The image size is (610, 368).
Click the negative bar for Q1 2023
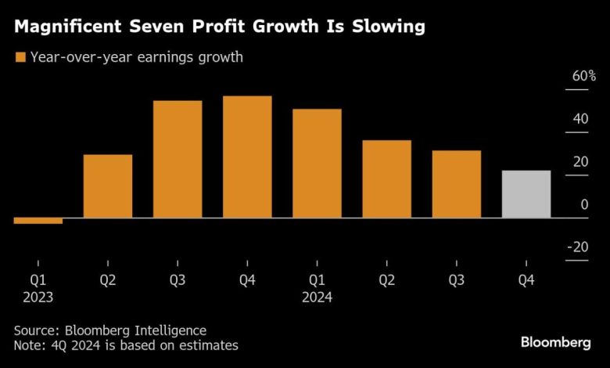[x=38, y=220]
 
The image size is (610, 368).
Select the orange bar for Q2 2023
[x=107, y=186]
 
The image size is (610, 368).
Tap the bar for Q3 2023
[x=178, y=159]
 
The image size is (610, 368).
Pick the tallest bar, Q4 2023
[x=247, y=157]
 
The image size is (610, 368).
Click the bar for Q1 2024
[x=317, y=163]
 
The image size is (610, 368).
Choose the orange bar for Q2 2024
[x=386, y=179]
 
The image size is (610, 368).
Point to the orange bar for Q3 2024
[x=456, y=184]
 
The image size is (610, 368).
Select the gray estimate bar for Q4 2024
[x=526, y=193]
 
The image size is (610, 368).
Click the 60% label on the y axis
[x=583, y=77]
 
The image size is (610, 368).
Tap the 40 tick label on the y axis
[x=580, y=119]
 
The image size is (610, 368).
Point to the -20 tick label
[x=578, y=247]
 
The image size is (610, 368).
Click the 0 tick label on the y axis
[x=584, y=204]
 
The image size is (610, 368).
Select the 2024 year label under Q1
[x=317, y=298]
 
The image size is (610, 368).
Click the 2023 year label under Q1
[x=38, y=298]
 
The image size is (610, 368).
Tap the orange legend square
[x=20, y=56]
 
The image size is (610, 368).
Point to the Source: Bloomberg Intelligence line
[x=110, y=330]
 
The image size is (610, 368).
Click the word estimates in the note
[x=210, y=345]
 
